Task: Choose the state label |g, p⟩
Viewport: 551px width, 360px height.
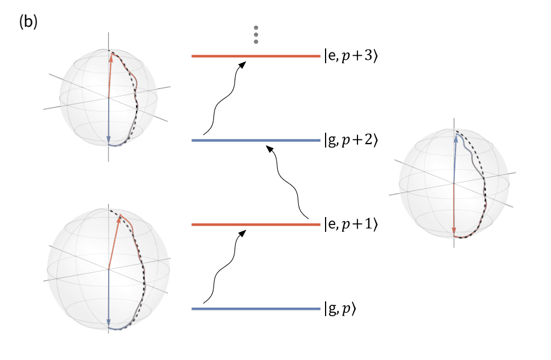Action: [340, 309]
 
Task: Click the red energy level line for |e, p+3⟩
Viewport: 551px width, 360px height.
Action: [256, 56]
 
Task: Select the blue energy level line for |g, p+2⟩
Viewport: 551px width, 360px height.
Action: [256, 140]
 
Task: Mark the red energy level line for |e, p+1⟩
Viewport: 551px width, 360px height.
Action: [256, 225]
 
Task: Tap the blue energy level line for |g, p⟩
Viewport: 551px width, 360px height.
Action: [256, 309]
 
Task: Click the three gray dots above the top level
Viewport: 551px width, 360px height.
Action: [256, 35]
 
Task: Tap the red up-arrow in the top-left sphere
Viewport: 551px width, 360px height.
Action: [109, 74]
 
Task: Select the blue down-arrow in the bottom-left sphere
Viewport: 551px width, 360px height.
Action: [108, 296]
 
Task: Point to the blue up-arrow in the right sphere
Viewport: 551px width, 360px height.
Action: [454, 159]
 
